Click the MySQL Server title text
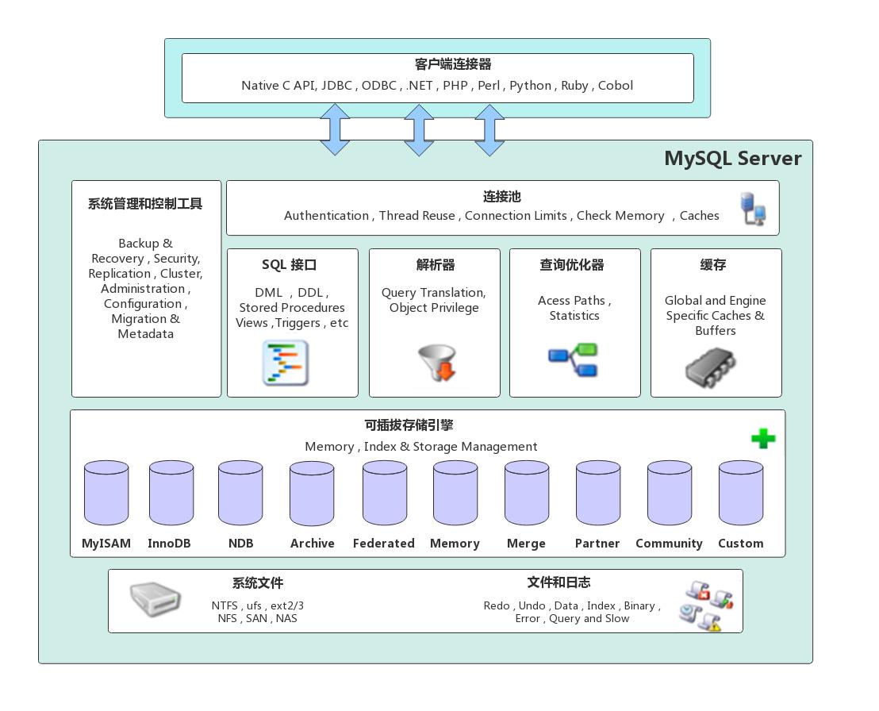click(x=732, y=158)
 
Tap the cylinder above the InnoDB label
click(x=171, y=493)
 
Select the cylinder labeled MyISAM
click(x=106, y=493)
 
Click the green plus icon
click(x=763, y=438)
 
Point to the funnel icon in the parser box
click(x=436, y=362)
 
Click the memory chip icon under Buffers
click(x=710, y=368)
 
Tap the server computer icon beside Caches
click(x=753, y=208)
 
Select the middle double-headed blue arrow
click(x=419, y=129)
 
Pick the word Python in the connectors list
click(x=530, y=86)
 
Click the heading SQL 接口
click(x=289, y=265)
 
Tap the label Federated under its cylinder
click(x=384, y=544)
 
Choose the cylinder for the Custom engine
click(x=741, y=493)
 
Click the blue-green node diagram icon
click(x=574, y=359)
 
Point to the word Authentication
click(x=326, y=216)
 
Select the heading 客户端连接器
click(x=453, y=64)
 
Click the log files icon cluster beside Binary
click(x=706, y=605)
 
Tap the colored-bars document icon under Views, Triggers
click(x=285, y=363)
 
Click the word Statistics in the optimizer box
click(x=574, y=316)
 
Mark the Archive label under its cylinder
click(x=312, y=544)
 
